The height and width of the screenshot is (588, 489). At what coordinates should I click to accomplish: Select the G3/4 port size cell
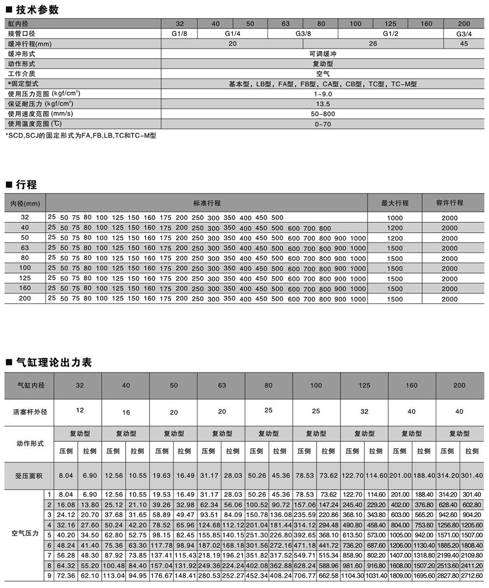(x=464, y=34)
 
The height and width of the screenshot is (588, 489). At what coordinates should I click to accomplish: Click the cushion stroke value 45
(x=464, y=44)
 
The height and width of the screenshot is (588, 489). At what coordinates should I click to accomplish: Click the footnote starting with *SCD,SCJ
(x=81, y=136)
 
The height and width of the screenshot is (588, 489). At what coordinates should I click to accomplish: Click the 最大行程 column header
(x=395, y=203)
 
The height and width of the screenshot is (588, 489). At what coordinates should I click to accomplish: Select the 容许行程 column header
(x=449, y=203)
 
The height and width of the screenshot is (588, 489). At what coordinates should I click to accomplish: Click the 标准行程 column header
(x=207, y=203)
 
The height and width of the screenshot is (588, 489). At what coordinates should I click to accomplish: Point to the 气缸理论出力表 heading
(x=54, y=362)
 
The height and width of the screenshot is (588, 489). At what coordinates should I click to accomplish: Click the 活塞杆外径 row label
(x=28, y=412)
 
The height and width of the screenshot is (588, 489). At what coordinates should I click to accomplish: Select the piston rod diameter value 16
(x=126, y=413)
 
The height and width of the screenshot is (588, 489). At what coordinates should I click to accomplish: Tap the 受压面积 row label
(x=28, y=475)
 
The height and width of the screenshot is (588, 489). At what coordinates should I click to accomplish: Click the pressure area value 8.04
(x=66, y=476)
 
